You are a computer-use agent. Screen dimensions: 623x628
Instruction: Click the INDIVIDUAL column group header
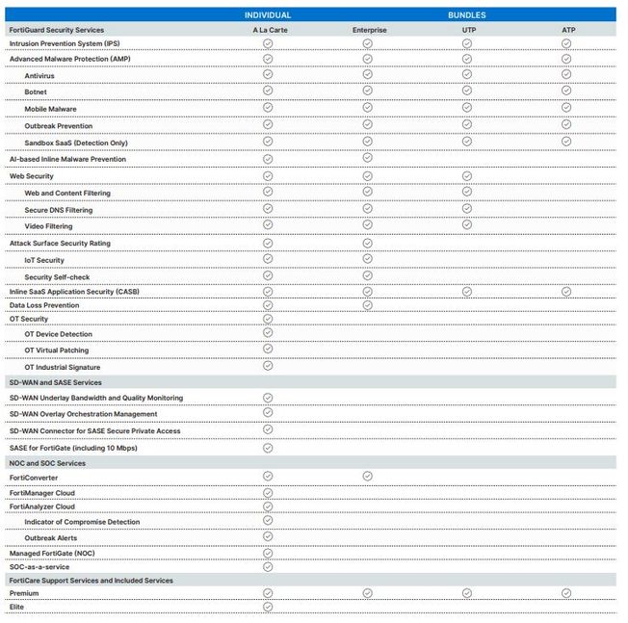coord(268,15)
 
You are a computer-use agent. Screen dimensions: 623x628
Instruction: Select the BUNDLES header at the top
coord(466,15)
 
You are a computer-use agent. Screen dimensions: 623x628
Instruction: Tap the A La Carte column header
coord(268,30)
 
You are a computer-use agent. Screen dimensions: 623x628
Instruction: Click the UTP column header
coord(467,30)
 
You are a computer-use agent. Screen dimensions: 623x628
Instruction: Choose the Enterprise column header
coord(368,30)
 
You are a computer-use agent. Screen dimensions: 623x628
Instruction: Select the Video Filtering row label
coord(48,226)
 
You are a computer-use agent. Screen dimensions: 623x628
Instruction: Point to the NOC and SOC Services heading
coord(47,463)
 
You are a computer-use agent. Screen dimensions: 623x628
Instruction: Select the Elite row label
coord(16,607)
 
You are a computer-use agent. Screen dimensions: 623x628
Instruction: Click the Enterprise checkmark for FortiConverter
coord(367,476)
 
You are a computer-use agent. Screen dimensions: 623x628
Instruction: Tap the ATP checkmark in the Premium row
coord(566,592)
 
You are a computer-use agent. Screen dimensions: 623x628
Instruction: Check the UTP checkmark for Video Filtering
coord(467,224)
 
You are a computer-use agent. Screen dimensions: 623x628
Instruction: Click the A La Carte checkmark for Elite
coord(268,607)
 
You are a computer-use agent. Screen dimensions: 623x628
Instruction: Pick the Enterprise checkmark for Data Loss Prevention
coord(367,304)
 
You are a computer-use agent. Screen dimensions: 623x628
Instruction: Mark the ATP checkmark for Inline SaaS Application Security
coord(566,290)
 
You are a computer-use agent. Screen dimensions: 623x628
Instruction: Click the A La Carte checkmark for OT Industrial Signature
coord(268,365)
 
